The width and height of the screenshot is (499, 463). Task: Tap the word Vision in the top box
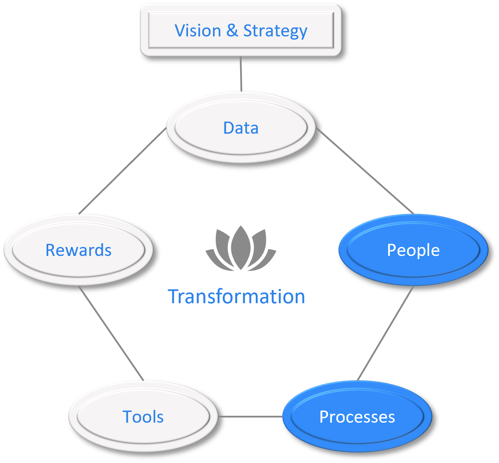198,31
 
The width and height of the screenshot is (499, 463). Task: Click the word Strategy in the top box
275,31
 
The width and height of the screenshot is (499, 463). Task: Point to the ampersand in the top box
232,31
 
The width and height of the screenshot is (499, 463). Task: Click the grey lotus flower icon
241,249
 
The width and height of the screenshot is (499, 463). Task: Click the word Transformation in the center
236,297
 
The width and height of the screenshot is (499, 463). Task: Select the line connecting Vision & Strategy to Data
241,74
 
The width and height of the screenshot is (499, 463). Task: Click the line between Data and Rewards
122,171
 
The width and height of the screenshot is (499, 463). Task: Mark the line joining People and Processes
385,333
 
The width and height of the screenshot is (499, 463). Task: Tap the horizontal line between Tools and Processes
250,416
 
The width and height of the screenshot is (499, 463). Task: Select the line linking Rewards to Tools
111,333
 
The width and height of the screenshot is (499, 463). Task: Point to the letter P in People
392,250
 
